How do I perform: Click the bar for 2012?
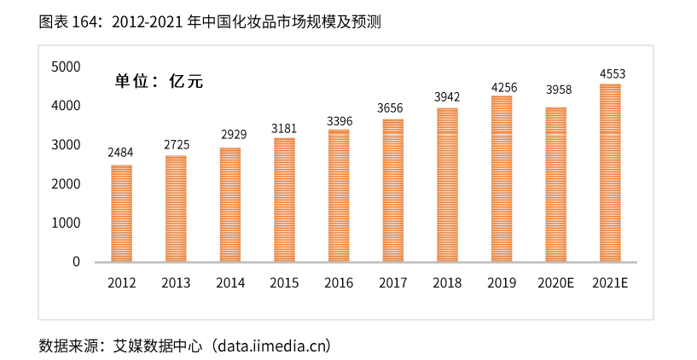point(121,213)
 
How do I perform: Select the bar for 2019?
point(502,178)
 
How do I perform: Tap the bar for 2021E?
point(610,172)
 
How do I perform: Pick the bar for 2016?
point(339,195)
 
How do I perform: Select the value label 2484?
point(120,153)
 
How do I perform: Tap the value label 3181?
point(283,128)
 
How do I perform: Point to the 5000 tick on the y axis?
point(66,67)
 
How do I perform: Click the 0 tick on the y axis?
point(76,262)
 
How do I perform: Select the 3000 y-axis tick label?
point(66,145)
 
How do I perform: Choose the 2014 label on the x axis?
point(229,283)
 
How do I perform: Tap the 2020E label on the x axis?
point(555,283)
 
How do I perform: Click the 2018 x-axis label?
point(447,283)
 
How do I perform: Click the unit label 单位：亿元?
point(160,82)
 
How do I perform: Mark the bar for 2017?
point(392,190)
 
